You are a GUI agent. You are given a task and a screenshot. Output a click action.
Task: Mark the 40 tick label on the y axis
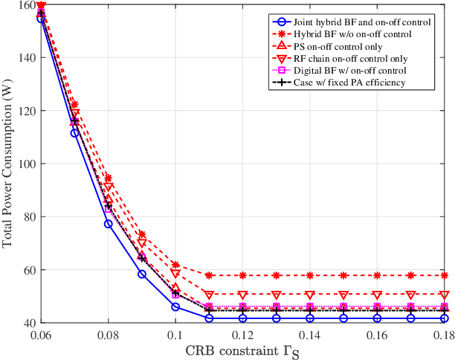point(28,323)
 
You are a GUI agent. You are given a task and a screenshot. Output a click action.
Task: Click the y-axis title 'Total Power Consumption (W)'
point(9,164)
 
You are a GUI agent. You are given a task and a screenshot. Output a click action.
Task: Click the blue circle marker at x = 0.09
point(141,274)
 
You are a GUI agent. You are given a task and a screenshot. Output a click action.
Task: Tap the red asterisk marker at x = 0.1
point(175,265)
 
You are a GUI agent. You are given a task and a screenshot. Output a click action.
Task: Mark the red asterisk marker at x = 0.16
point(378,275)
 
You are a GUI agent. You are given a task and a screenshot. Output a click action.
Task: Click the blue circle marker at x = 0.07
point(74,132)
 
